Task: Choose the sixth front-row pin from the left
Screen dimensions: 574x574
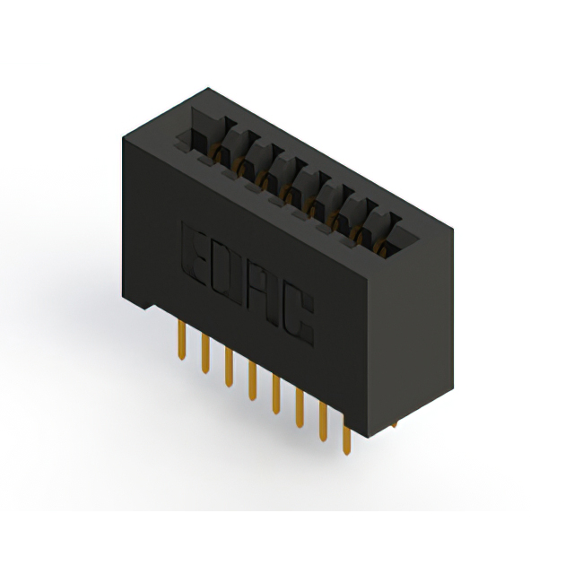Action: [299, 409]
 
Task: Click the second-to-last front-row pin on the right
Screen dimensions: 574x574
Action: [322, 423]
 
